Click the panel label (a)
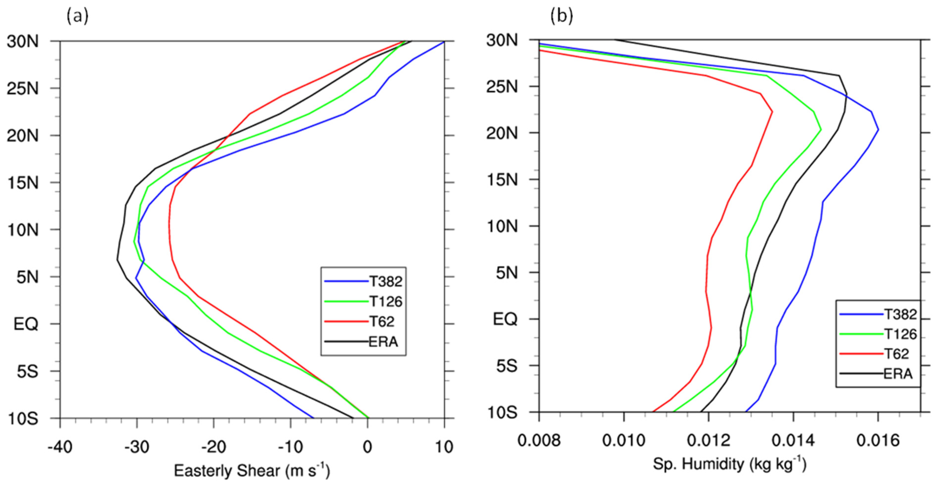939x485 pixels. click(x=77, y=16)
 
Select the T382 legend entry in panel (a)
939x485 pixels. click(x=386, y=281)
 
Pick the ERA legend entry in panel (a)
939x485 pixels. click(x=383, y=342)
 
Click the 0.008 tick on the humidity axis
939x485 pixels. click(x=539, y=441)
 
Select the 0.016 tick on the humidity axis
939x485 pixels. click(x=878, y=441)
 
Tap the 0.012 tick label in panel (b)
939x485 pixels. click(x=708, y=441)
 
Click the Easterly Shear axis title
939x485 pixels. click(x=251, y=470)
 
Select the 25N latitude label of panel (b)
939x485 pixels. click(x=501, y=87)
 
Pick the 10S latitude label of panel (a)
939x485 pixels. click(x=22, y=419)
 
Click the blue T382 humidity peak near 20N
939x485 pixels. click(x=878, y=129)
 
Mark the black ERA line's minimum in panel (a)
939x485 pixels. click(x=117, y=260)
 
